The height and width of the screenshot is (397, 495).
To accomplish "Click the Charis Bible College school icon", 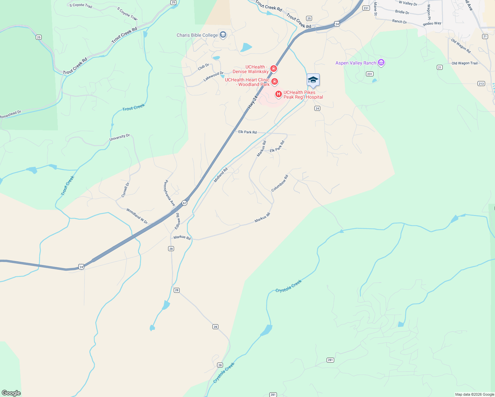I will coord(223,35).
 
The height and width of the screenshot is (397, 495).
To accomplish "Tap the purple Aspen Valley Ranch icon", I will coord(381,63).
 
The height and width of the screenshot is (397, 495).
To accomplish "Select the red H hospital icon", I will coord(279,95).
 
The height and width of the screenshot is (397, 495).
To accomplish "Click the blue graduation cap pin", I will coord(313,80).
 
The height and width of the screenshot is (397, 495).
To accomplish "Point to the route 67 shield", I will coord(185,203).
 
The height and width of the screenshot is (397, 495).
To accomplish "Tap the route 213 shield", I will coord(481,83).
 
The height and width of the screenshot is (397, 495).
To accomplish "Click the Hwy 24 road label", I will coord(252,102).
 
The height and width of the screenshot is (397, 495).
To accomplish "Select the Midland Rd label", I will coord(221,175).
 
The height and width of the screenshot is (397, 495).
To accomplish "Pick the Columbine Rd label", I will coord(280,183).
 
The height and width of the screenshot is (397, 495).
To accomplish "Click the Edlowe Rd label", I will coord(177,221).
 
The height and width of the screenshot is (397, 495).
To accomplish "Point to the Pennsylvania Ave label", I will coord(170,193).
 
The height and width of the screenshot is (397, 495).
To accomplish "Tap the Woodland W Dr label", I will coord(137,216).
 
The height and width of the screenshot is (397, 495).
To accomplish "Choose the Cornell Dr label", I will coord(125,190).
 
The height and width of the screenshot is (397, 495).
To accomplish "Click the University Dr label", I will coord(119,137).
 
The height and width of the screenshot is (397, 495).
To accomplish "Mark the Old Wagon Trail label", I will coord(465,63).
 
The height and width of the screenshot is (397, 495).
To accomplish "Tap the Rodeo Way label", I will coord(432,23).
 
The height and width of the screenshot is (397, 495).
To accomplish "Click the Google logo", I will coord(11,393).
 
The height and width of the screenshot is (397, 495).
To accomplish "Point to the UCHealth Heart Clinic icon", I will coord(275,81).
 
